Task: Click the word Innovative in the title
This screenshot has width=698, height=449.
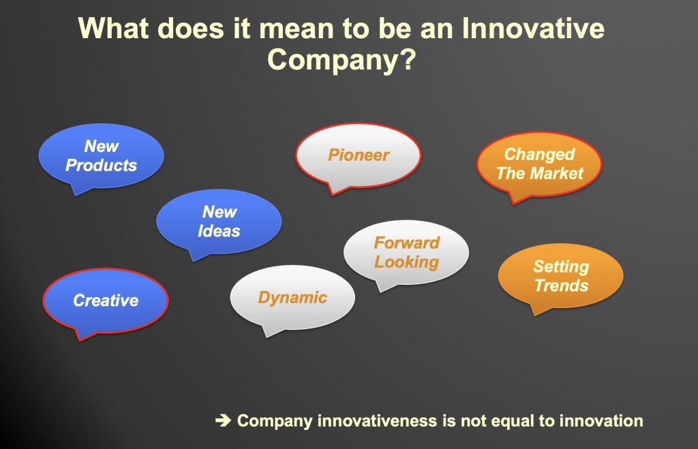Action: [x=533, y=28]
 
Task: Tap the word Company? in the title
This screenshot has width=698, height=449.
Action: [x=342, y=60]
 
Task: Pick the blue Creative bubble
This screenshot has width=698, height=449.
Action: [x=106, y=301]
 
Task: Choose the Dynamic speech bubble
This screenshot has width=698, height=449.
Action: [x=292, y=299]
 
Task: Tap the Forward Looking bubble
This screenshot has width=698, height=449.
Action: [x=406, y=253]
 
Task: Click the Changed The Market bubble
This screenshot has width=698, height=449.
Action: [x=539, y=165]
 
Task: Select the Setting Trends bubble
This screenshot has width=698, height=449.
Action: [x=560, y=277]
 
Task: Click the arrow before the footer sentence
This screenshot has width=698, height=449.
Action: [x=223, y=420]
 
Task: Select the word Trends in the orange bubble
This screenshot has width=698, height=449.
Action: [x=562, y=285]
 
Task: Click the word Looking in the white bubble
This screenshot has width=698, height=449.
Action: [x=406, y=262]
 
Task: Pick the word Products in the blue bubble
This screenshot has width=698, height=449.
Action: [x=101, y=165]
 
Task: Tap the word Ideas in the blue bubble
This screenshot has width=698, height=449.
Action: [x=219, y=231]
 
